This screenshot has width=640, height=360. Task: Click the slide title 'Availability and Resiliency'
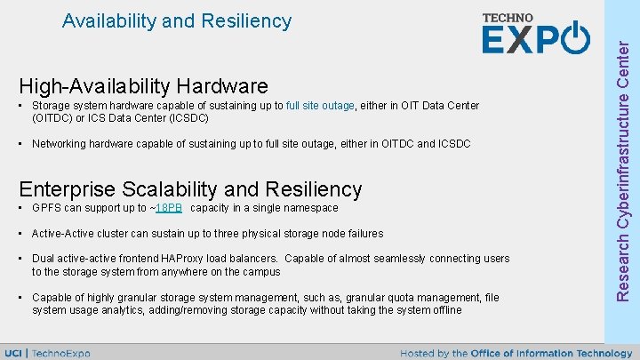pos(177,20)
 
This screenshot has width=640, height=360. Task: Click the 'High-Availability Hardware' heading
pos(143,86)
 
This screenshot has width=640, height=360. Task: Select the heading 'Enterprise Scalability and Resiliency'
pos(190,189)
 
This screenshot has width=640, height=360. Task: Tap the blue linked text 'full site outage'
pos(320,106)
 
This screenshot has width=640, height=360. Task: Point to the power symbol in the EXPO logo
pos(575,40)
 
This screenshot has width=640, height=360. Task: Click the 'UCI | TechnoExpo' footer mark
pos(60,353)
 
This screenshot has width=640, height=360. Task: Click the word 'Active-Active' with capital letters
pos(65,234)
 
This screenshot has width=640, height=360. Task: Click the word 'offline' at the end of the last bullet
pos(444,310)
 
